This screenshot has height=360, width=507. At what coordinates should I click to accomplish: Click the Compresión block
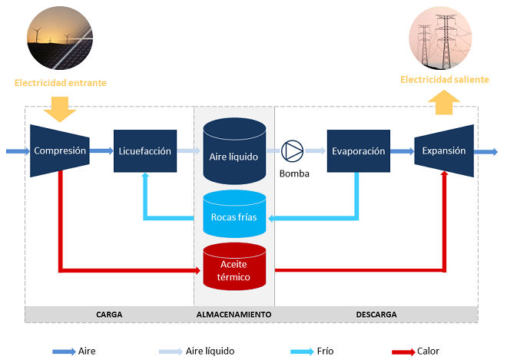pyautogui.click(x=60, y=151)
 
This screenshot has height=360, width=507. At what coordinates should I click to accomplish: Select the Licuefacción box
pyautogui.click(x=145, y=151)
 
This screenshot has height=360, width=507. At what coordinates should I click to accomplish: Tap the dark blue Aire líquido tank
pyautogui.click(x=234, y=151)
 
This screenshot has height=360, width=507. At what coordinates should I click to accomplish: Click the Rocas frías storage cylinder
pyautogui.click(x=234, y=214)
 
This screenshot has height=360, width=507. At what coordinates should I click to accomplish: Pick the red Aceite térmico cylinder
pyautogui.click(x=234, y=266)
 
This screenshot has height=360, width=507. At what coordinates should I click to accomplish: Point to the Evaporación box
pyautogui.click(x=359, y=151)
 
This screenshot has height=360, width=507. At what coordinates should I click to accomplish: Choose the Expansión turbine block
pyautogui.click(x=444, y=151)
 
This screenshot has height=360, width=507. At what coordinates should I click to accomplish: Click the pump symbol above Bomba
pyautogui.click(x=292, y=151)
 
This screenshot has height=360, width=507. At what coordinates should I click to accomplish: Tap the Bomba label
pyautogui.click(x=294, y=174)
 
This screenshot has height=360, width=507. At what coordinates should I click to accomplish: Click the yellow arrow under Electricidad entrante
pyautogui.click(x=60, y=109)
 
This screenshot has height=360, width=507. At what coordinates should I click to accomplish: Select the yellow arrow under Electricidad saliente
pyautogui.click(x=444, y=102)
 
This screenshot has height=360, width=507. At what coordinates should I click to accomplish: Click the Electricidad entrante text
pyautogui.click(x=61, y=83)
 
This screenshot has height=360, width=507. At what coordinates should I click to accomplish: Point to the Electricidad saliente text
pyautogui.click(x=445, y=80)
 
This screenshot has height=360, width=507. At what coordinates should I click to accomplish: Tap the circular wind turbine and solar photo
pyautogui.click(x=60, y=38)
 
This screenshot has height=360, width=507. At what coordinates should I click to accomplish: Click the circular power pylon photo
pyautogui.click(x=440, y=38)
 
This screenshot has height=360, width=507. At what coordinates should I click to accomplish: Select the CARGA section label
pyautogui.click(x=109, y=315)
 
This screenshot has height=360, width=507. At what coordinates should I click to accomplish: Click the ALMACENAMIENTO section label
pyautogui.click(x=234, y=315)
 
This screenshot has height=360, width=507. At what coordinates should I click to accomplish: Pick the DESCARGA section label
pyautogui.click(x=376, y=315)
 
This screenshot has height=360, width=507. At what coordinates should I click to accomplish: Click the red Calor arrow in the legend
pyautogui.click(x=403, y=352)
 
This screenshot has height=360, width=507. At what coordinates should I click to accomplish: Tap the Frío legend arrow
pyautogui.click(x=303, y=352)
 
